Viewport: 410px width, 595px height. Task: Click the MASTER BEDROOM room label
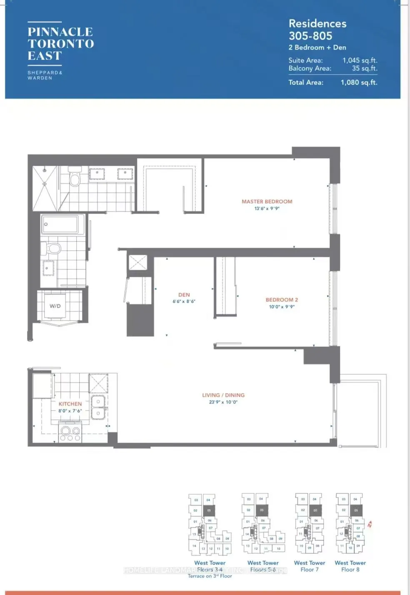point(267,202)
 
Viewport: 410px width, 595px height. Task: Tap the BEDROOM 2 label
point(282,300)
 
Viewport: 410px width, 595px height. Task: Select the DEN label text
point(184,295)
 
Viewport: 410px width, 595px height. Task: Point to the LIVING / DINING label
point(223,395)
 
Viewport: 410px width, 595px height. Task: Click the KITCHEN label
point(70,404)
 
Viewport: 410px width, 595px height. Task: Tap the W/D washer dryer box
point(55,306)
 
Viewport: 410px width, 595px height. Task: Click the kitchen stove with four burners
point(70,433)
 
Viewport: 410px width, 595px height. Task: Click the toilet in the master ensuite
point(75,178)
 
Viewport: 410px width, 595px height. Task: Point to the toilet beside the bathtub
point(52,249)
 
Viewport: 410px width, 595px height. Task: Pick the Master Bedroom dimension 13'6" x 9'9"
point(267,209)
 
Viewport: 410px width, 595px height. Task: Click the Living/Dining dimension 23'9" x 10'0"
point(223,402)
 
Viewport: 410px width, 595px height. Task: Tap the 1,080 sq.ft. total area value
point(359,82)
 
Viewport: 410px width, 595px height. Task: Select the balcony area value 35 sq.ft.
point(365,68)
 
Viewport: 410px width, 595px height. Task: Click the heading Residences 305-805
point(317,30)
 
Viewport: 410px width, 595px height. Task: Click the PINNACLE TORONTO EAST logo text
point(61,44)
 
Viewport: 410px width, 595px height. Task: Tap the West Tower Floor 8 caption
point(350,566)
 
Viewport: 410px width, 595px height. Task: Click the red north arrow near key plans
point(369,524)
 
